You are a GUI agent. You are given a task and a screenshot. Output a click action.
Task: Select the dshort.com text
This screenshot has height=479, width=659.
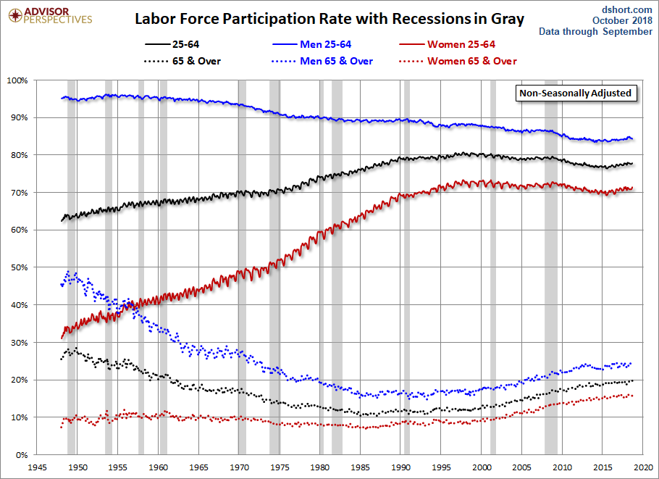[x=628, y=8]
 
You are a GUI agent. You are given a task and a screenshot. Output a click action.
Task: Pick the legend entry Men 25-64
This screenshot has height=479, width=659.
[x=326, y=45]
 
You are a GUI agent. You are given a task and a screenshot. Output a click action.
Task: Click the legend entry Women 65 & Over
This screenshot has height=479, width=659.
[x=471, y=61]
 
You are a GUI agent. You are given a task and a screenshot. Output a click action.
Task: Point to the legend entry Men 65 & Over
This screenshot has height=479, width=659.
[x=337, y=61]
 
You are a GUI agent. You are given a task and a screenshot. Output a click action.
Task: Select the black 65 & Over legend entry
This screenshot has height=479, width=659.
[x=196, y=61]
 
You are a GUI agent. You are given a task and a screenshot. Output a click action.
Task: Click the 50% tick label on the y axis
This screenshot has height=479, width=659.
[x=18, y=267]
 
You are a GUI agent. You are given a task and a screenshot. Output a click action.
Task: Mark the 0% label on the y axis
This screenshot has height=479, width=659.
[x=20, y=455]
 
